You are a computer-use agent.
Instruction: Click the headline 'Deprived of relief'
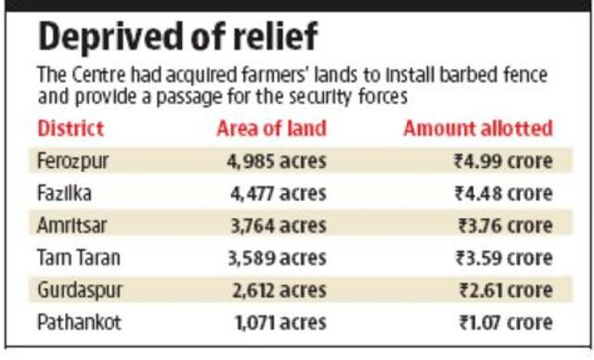[x=178, y=36]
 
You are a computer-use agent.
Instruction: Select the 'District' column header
[x=71, y=129]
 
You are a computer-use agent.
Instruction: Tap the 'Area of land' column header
[x=271, y=129]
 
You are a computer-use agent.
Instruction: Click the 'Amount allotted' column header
[x=478, y=129]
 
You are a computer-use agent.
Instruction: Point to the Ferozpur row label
[x=72, y=161]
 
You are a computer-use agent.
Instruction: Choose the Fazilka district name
[x=64, y=193]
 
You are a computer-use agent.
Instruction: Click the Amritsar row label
[x=71, y=225]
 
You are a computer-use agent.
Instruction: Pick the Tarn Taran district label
[x=78, y=258]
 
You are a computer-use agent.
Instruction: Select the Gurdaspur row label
[x=80, y=290]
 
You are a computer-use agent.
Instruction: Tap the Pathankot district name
[x=79, y=323]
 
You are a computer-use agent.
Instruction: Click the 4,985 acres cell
[x=277, y=161]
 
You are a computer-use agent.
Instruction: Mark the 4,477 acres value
[x=278, y=193]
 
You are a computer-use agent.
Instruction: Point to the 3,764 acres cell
[x=278, y=225]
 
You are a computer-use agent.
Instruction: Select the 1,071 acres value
[x=280, y=323]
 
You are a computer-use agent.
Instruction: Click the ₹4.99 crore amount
[x=503, y=161]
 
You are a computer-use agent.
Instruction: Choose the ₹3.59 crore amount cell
[x=504, y=258]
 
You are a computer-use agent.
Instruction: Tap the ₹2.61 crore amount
[x=506, y=290]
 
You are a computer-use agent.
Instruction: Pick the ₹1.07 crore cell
[x=506, y=323]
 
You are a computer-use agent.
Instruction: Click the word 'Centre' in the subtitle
[x=98, y=74]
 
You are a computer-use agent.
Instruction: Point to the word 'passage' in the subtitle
[x=188, y=97]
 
